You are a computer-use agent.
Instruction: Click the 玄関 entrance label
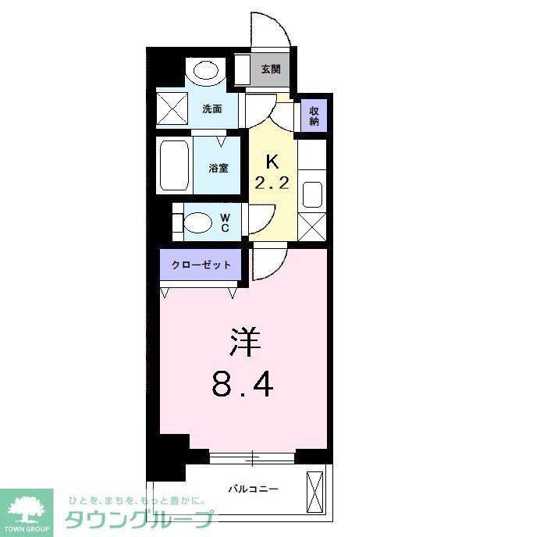[270, 69]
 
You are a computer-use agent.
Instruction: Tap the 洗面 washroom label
[212, 108]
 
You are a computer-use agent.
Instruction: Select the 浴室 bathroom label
[218, 167]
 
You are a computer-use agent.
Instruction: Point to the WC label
[224, 222]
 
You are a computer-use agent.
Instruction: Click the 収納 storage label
[314, 116]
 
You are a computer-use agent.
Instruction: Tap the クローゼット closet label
[201, 265]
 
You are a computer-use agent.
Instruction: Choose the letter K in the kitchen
[272, 162]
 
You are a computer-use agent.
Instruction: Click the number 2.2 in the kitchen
[272, 184]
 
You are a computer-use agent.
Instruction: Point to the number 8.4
[242, 383]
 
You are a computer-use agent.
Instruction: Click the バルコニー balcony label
[254, 489]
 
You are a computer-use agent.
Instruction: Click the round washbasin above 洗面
[206, 72]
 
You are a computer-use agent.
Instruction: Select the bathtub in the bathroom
[173, 165]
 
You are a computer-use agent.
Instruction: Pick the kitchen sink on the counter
[311, 194]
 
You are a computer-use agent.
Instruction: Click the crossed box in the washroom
[172, 108]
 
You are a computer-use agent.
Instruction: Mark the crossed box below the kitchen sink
[311, 226]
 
